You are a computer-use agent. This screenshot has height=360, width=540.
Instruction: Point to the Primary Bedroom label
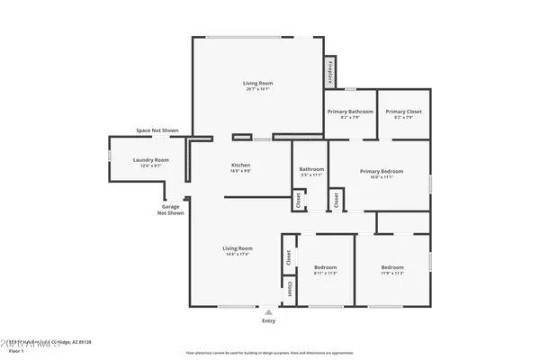[x=382, y=171]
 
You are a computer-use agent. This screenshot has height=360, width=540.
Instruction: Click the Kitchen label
[x=240, y=166]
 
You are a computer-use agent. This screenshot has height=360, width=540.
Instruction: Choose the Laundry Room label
[x=150, y=160]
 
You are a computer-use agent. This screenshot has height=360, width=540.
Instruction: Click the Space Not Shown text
[x=157, y=130]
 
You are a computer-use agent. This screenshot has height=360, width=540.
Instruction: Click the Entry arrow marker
[x=268, y=312]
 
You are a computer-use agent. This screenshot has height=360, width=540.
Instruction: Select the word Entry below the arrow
[x=268, y=321]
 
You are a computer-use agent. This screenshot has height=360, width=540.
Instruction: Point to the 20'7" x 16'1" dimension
[x=257, y=89]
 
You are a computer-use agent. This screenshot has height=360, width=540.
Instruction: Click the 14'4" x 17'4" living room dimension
[x=238, y=255]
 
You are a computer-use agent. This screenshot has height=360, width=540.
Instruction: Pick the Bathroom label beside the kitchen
[x=311, y=169]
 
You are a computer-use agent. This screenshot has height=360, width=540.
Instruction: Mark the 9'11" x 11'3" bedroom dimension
[x=325, y=274]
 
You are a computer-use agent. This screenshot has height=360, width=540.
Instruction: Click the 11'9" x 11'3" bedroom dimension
[x=392, y=274]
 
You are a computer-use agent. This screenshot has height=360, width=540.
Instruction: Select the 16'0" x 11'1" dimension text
[x=382, y=177]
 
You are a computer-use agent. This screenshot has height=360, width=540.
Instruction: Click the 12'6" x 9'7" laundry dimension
[x=150, y=166]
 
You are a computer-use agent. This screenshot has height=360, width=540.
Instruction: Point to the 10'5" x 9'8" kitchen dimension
[x=240, y=172]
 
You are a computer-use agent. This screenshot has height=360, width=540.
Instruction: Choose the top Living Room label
[x=257, y=83]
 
